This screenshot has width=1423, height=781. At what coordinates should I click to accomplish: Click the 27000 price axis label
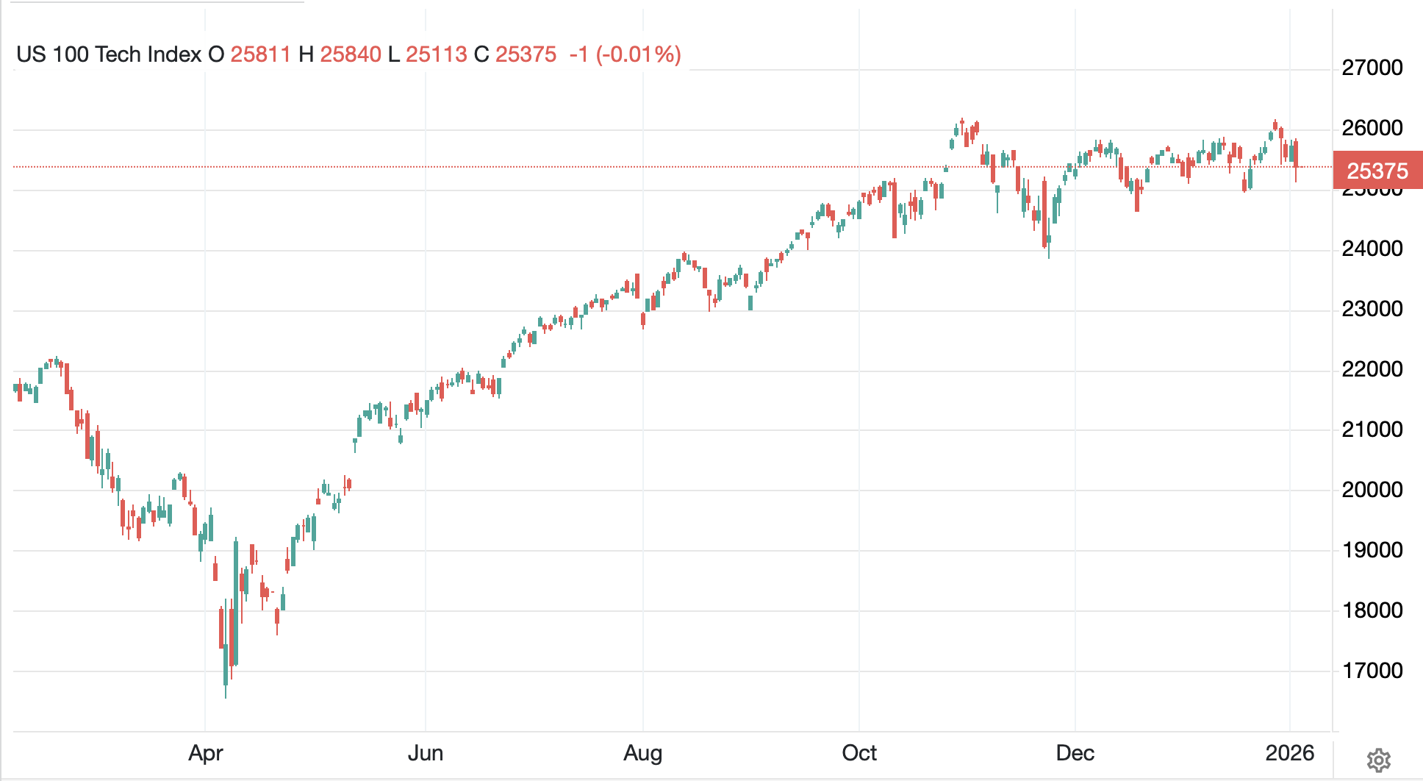[x=1372, y=68]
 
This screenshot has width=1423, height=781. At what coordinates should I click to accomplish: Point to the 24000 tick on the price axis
[x=1372, y=249]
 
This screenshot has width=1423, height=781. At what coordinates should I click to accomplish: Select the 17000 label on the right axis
[x=1372, y=671]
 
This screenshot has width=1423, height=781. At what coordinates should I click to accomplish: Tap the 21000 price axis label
[x=1372, y=429]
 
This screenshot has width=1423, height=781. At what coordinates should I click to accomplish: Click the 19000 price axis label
[x=1372, y=550]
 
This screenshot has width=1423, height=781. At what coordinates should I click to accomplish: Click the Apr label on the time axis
[x=206, y=753]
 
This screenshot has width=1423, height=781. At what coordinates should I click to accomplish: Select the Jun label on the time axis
[x=426, y=753]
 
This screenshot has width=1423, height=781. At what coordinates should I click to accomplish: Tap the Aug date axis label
[x=643, y=753]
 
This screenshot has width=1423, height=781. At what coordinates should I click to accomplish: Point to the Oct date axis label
[x=859, y=753]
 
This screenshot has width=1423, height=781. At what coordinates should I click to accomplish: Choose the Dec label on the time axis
[x=1075, y=753]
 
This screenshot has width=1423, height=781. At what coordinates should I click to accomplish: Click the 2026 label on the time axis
[x=1290, y=753]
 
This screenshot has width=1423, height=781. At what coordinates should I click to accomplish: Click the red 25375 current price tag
[x=1377, y=171]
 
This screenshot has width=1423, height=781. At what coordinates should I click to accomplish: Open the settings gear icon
[x=1378, y=760]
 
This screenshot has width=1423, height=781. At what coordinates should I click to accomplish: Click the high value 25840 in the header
[x=351, y=54]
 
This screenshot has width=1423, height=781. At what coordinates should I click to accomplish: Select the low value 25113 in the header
[x=436, y=54]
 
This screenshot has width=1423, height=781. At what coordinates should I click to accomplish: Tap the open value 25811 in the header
[x=260, y=54]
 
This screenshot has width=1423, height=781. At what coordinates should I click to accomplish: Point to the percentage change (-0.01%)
[x=638, y=54]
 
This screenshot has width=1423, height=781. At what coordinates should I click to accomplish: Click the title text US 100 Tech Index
[x=109, y=54]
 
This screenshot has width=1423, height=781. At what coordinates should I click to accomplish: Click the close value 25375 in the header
[x=526, y=54]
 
